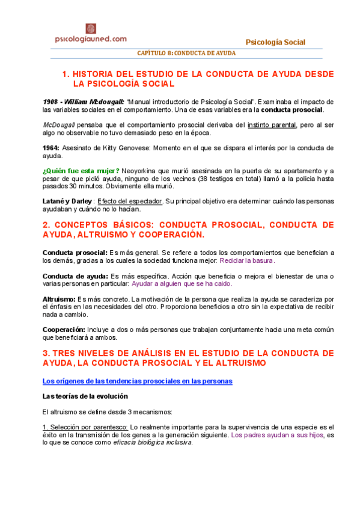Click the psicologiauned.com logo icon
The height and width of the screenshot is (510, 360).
tap(90, 28)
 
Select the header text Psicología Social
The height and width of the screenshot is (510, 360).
tap(276, 42)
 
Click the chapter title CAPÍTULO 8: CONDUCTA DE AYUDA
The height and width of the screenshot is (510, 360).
tap(186, 53)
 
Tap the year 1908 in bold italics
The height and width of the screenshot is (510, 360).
tap(51, 102)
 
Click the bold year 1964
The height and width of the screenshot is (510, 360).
tap(50, 147)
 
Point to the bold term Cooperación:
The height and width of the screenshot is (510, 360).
tap(64, 330)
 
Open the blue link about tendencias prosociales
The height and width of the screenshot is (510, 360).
tap(137, 381)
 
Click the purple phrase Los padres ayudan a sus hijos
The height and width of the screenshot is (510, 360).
tap(277, 434)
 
